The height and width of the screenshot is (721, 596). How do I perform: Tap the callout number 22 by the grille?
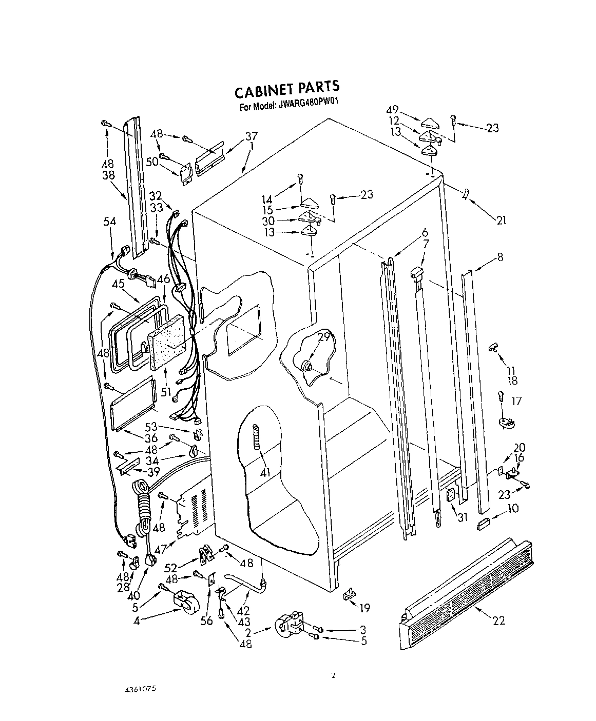(498, 621)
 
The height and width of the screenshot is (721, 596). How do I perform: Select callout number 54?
(109, 222)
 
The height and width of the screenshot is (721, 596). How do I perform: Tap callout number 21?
(501, 221)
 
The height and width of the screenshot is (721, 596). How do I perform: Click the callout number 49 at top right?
(392, 110)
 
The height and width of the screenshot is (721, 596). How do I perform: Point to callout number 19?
(364, 609)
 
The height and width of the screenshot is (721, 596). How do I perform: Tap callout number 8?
(500, 257)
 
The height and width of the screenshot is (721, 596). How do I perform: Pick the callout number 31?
(463, 518)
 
